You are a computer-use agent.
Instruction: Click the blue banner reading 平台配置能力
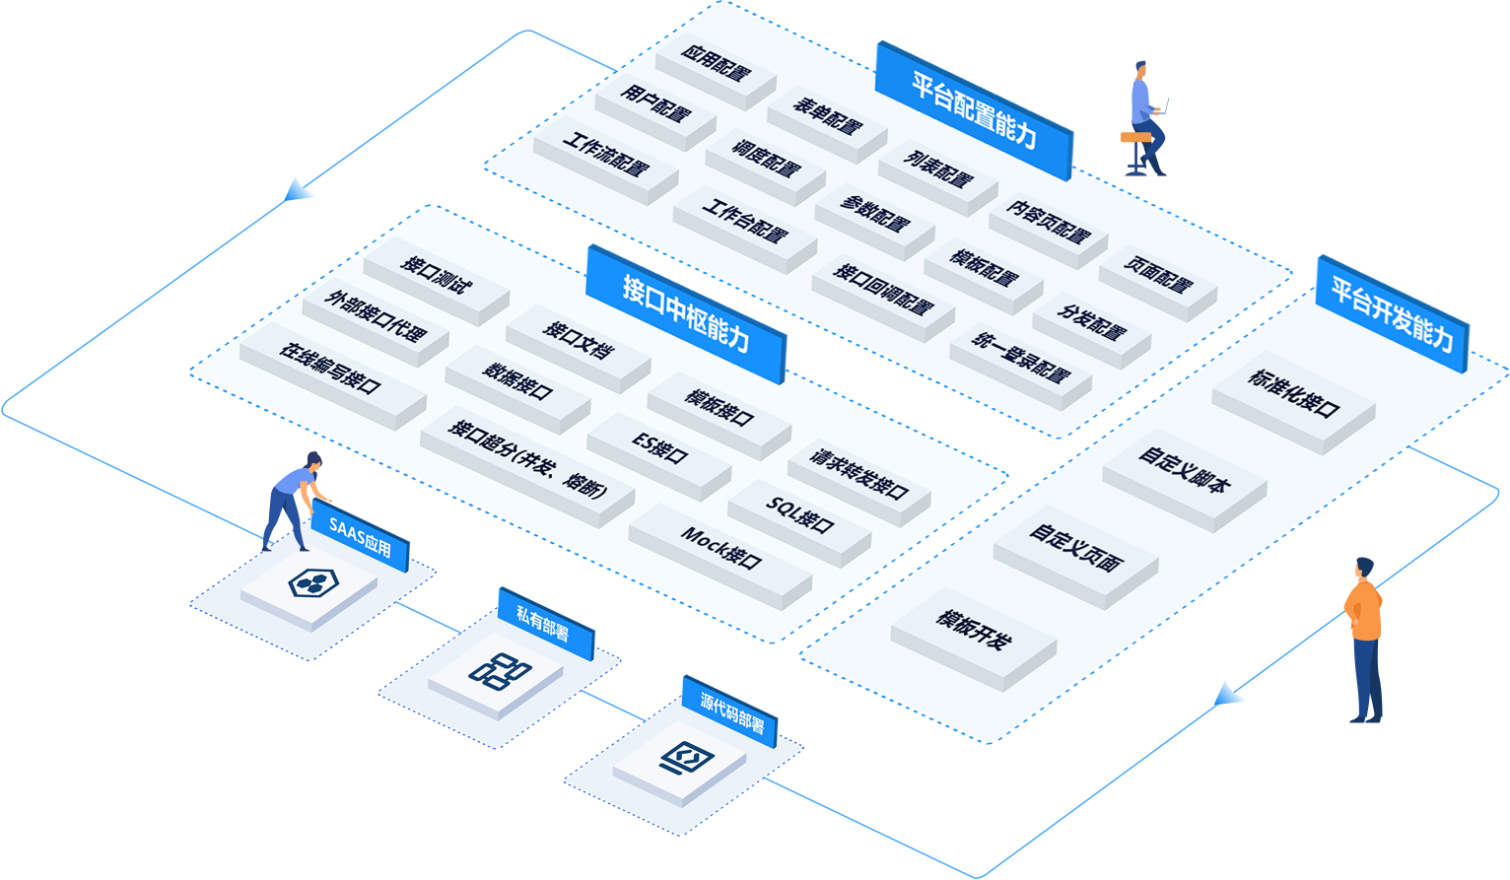(x=974, y=110)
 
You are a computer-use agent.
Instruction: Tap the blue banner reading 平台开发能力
(x=1392, y=313)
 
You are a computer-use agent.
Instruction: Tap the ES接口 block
(x=659, y=450)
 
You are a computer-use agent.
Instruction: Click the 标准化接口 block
(x=1293, y=394)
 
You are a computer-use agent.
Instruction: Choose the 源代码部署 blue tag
(x=730, y=711)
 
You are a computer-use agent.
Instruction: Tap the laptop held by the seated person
(x=1163, y=104)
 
